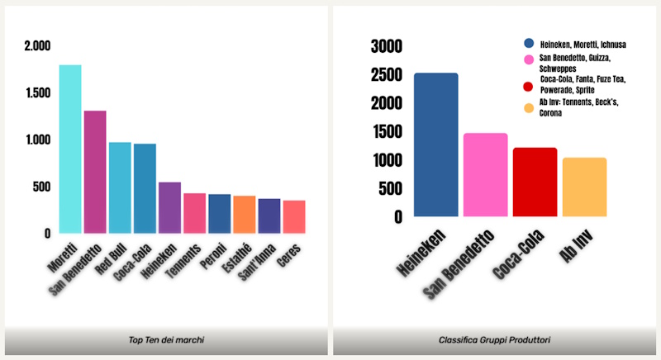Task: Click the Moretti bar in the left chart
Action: tap(70, 149)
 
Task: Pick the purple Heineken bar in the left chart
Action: tap(169, 207)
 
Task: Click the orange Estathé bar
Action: tap(244, 214)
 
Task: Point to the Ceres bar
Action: tap(294, 216)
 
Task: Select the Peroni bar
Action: tap(219, 213)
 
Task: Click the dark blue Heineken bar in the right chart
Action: tap(435, 144)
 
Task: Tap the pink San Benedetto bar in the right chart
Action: tap(485, 174)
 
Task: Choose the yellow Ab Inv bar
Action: tap(585, 187)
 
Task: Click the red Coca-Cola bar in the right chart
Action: tap(535, 182)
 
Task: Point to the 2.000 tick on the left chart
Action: tap(37, 45)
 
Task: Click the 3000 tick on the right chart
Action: tap(387, 45)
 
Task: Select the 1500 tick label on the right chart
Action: tap(387, 131)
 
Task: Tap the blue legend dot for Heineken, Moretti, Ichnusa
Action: tap(529, 43)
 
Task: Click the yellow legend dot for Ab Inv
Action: tap(529, 107)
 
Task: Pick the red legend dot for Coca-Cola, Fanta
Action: tap(529, 85)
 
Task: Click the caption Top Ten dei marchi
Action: tap(166, 340)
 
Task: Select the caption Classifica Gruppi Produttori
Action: tap(495, 340)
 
